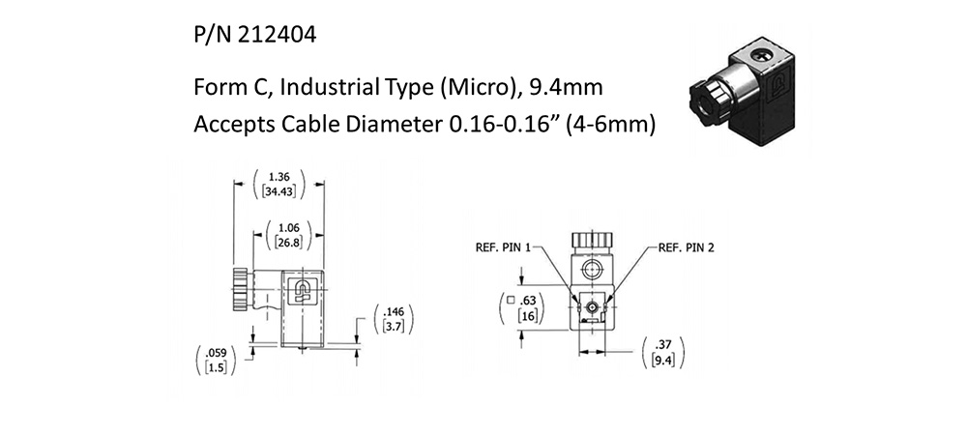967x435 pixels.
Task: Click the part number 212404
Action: [x=273, y=37]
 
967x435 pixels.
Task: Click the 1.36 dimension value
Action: [x=279, y=178]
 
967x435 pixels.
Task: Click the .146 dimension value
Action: [x=394, y=312]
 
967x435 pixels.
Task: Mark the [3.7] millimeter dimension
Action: [x=394, y=328]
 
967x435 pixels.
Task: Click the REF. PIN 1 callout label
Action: [x=503, y=246]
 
